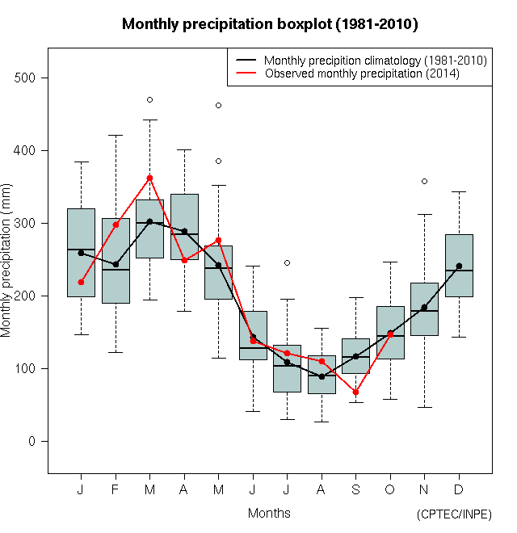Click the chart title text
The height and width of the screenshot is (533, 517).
270,24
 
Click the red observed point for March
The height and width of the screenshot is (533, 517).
149,178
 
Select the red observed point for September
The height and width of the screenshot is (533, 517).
355,392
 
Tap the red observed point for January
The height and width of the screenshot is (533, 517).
81,282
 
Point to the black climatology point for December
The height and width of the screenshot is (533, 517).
459,266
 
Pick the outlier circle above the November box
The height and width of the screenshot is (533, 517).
424,181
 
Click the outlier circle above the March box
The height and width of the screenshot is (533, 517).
149,99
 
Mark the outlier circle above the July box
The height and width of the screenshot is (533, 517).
287,262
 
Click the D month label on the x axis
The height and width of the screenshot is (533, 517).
459,489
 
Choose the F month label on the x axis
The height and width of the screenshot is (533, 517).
116,489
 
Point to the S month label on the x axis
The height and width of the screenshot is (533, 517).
355,489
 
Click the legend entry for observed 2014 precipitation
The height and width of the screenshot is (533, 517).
362,73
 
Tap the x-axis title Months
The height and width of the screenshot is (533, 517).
269,513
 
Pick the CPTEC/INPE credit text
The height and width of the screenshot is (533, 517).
454,514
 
